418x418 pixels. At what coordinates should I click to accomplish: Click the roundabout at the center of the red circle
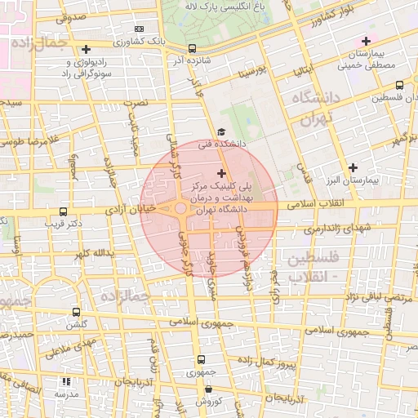tap(180, 210)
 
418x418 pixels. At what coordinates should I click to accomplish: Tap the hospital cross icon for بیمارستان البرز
tap(351, 167)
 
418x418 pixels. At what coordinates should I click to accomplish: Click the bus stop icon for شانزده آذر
tap(192, 49)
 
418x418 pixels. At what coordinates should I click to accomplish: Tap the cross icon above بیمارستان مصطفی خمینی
tap(366, 41)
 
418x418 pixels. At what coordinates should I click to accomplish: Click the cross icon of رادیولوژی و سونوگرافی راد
tap(87, 50)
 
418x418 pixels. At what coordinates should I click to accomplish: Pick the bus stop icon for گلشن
tap(76, 312)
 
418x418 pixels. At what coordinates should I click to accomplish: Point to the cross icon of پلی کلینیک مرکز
tap(221, 173)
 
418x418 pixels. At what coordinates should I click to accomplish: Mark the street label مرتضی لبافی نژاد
tap(363, 300)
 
